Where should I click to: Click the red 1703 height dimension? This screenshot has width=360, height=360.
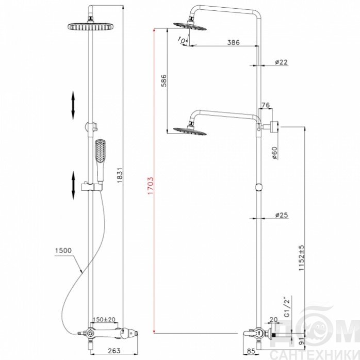coord(151,186)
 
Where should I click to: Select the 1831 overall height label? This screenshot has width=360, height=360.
coord(120,175)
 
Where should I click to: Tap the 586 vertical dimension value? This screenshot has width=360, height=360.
coord(164,80)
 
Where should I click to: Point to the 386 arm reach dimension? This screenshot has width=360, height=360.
coord(233,42)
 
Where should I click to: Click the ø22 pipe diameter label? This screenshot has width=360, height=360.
coord(281,62)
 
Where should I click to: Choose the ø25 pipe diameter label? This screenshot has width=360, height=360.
coord(282,215)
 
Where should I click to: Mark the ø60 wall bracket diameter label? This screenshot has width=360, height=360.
coord(274,153)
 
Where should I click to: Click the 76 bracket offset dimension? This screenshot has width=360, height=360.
coord(266,105)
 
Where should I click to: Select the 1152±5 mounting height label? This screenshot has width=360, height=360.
coord(301,258)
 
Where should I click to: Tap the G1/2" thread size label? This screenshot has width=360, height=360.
coord(287,306)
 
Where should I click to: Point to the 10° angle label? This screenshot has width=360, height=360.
coord(183,41)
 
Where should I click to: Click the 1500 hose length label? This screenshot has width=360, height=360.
coord(63,251)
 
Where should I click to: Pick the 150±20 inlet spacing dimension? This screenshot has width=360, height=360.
coord(104,319)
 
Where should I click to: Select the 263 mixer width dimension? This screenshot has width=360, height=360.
coord(114,351)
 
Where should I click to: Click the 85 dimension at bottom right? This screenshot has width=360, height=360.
coord(251,351)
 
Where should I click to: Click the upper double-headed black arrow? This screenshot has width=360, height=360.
coord(73,105)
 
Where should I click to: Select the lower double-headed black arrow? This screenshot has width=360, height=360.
coord(73,185)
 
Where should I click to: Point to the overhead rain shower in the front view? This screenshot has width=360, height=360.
coord(91,26)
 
